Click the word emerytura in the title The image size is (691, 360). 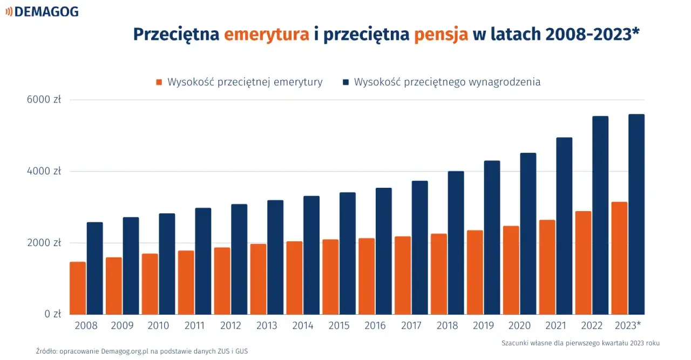[267, 34]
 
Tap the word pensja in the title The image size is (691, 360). [441, 34]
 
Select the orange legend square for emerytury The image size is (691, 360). [159, 82]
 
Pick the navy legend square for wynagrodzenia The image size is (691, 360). [345, 82]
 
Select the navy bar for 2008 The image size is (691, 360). [95, 268]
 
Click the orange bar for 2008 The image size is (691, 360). [78, 288]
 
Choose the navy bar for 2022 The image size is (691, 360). [600, 215]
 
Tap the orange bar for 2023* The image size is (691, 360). [620, 258]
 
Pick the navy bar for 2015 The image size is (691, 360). [348, 253]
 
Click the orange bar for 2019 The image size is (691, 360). [475, 273]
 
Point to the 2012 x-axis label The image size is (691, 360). [231, 325]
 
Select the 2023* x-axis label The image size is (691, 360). [628, 325]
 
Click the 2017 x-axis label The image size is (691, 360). [411, 325]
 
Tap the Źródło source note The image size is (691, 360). [142, 351]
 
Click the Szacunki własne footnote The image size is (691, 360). [581, 343]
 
